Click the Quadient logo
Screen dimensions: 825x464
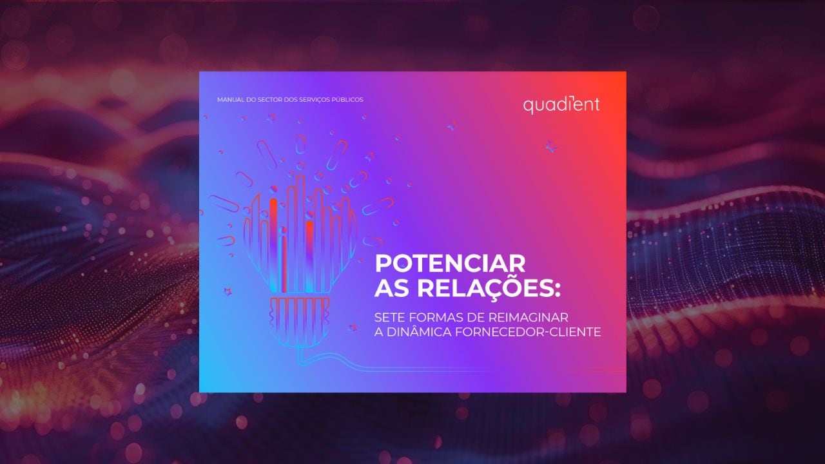pyautogui.click(x=561, y=105)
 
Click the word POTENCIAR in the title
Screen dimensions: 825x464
pyautogui.click(x=450, y=264)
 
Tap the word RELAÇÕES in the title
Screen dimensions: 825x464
pyautogui.click(x=485, y=288)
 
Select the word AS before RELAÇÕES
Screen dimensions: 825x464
pyautogui.click(x=392, y=288)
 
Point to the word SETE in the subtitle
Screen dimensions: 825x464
pyautogui.click(x=389, y=317)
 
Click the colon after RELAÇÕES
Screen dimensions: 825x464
pyautogui.click(x=558, y=289)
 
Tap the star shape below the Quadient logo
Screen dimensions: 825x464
pyautogui.click(x=551, y=146)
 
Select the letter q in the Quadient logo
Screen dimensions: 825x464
pyautogui.click(x=529, y=106)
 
